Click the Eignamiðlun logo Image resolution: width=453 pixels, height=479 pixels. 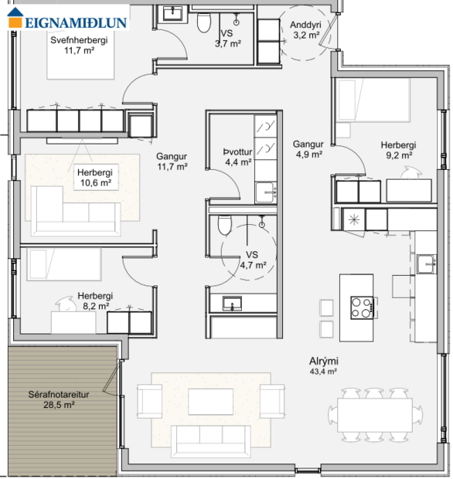65,20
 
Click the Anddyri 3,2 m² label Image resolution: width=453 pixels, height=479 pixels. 305,30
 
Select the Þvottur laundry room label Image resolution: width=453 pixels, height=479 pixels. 237,157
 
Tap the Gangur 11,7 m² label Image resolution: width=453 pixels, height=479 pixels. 172,161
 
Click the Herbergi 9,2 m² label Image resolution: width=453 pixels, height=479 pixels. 398,149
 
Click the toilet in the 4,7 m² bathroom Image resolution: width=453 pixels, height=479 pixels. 224,225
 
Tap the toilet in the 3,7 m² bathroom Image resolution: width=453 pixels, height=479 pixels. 204,23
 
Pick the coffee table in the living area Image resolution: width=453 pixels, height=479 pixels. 210,399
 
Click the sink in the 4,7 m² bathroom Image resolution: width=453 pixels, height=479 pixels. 230,304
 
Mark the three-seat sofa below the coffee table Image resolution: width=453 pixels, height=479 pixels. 210,440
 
